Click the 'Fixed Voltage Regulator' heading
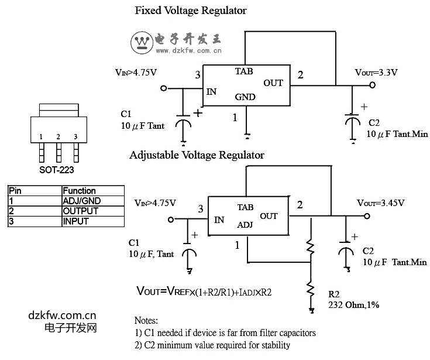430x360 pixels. pyautogui.click(x=191, y=11)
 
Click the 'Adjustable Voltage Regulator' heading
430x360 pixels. pyautogui.click(x=197, y=155)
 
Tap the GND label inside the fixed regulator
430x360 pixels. pyautogui.click(x=245, y=97)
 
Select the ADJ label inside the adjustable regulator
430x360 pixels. pyautogui.click(x=245, y=225)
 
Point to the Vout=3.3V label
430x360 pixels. pyautogui.click(x=376, y=73)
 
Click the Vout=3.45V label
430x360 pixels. pyautogui.click(x=381, y=203)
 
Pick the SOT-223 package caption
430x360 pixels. pyautogui.click(x=57, y=170)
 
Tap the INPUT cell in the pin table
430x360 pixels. pyautogui.click(x=76, y=221)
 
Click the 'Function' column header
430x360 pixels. pyautogui.click(x=79, y=191)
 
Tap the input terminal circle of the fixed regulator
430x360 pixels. pyautogui.click(x=163, y=88)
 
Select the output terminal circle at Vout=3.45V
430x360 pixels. pyautogui.click(x=367, y=216)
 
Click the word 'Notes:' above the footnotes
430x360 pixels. pyautogui.click(x=146, y=321)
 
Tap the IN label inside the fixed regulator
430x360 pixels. pyautogui.click(x=211, y=92)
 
